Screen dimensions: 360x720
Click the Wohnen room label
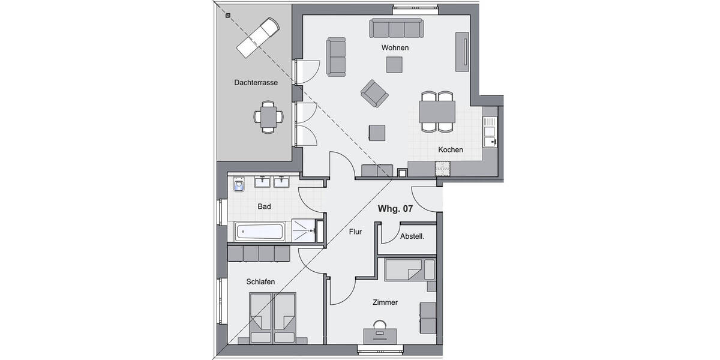coord(395,47)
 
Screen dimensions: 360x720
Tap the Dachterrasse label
coord(256,83)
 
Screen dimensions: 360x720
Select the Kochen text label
coord(450,149)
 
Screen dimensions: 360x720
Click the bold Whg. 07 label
coord(395,209)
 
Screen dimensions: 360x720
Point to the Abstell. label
coord(412,237)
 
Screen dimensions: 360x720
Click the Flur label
coord(355,231)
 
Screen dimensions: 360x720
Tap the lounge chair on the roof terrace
coord(257,37)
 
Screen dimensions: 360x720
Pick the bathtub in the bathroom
coord(260,231)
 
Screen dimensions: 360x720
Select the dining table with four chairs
coord(437,112)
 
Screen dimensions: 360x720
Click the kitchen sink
coord(489,131)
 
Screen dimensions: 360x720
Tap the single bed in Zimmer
coord(409,270)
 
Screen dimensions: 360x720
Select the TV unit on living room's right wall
coord(463,53)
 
